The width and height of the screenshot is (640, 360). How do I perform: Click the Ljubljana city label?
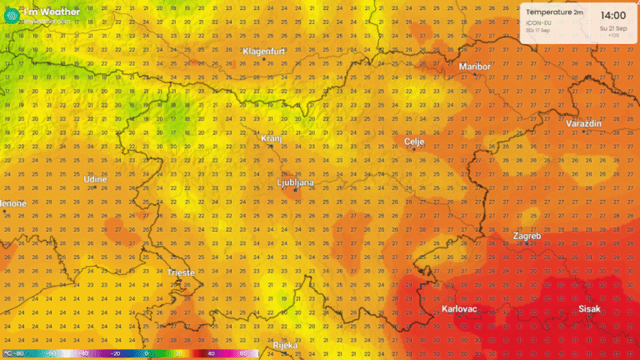coord(296,182)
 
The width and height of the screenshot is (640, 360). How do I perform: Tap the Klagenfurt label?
coord(264,52)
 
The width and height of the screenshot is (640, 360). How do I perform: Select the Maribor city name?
coord(475,66)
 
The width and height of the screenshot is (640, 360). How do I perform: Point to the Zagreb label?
coord(527,236)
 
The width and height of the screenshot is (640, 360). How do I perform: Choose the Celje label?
coord(414,142)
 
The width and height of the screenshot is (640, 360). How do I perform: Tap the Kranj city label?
coord(271,138)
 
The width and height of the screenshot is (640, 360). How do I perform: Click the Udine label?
coord(95,179)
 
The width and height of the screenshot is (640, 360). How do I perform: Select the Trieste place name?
coord(182,272)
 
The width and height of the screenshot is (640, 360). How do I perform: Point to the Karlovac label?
coord(459,309)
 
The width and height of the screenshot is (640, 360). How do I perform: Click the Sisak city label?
coord(589,309)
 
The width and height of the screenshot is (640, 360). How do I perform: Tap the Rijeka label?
coord(285,345)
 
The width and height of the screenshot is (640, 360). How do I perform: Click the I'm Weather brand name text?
coord(52,12)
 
